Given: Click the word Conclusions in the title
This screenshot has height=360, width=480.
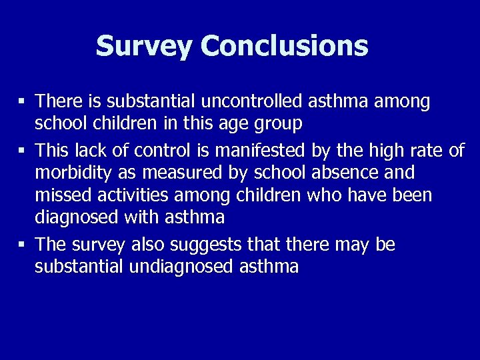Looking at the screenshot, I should point(284,46).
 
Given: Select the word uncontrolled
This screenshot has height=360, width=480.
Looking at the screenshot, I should point(247,101).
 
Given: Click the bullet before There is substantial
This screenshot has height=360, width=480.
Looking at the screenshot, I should point(22,102).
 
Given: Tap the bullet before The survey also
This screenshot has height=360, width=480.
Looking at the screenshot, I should point(22,246).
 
